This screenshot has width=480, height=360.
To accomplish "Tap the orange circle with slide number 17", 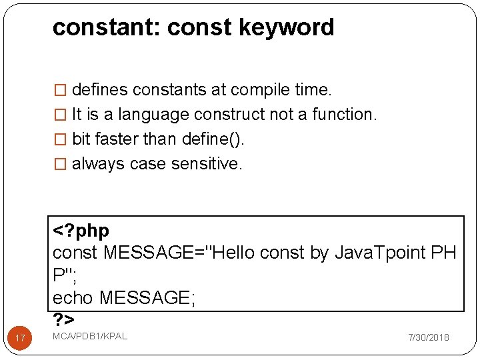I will [x=20, y=339].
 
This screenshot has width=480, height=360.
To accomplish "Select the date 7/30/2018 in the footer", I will [x=429, y=337].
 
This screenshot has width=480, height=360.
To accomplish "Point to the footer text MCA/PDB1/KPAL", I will [x=90, y=335].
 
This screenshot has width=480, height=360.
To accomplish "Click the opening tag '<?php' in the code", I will [x=81, y=231].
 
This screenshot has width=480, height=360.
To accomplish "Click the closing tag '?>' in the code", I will [x=63, y=319].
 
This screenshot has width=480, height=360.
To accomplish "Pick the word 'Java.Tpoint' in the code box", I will [x=381, y=253].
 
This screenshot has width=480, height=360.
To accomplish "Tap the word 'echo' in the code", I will [x=73, y=297].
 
